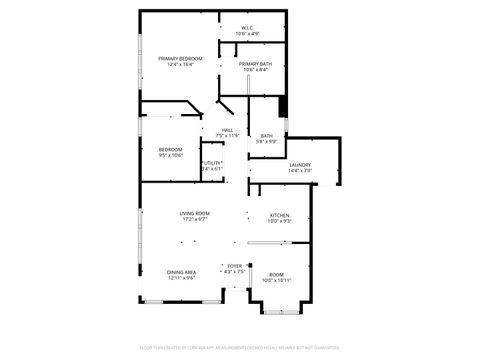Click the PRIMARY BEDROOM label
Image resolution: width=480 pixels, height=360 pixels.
(180, 59)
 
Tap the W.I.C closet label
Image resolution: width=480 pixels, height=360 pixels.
(247, 28)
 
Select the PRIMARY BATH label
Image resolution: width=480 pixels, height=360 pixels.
(253, 64)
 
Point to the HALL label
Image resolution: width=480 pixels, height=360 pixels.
(228, 129)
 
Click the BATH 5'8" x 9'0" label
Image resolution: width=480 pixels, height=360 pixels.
(267, 136)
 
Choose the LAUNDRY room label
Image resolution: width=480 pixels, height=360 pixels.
(300, 165)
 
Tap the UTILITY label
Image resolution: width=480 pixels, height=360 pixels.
(212, 163)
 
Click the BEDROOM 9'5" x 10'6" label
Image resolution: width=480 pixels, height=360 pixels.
(170, 150)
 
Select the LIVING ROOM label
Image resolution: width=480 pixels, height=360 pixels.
(194, 213)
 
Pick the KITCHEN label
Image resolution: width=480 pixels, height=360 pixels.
(280, 215)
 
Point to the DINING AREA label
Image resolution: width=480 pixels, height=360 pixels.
(181, 272)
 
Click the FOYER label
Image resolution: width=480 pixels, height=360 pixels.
(233, 266)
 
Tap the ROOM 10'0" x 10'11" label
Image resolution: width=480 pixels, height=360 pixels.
(276, 274)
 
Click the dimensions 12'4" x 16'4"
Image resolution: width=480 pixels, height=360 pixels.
(180, 65)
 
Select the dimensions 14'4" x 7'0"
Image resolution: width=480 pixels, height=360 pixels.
(300, 171)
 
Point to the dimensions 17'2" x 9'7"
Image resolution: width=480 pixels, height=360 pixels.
(194, 219)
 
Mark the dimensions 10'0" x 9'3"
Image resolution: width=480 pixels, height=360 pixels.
(280, 221)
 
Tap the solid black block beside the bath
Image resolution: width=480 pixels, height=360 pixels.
(283, 105)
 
